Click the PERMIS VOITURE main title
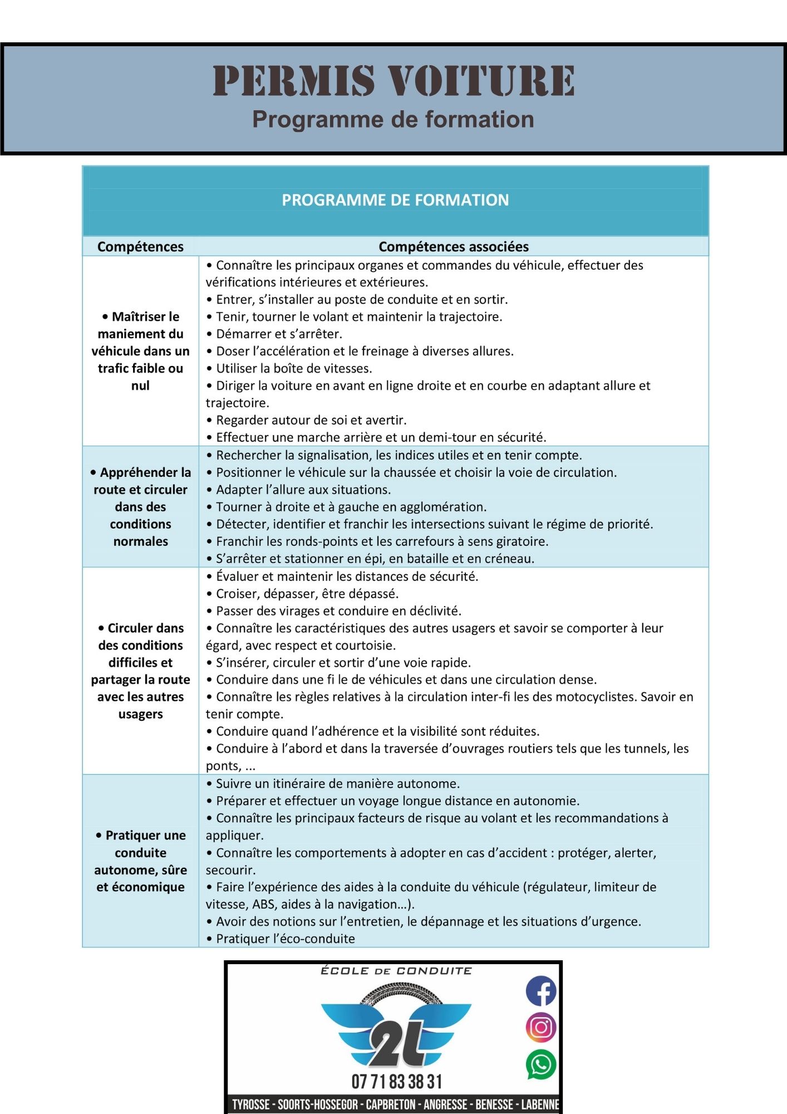[393, 81]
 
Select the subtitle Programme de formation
[393, 119]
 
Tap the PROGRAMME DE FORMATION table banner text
[395, 200]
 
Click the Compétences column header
[140, 247]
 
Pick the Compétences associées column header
[454, 247]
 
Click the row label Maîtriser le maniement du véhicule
[140, 351]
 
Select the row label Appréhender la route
[140, 506]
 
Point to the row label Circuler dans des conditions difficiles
[140, 671]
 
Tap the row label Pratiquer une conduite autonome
[140, 861]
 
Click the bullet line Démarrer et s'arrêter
[278, 334]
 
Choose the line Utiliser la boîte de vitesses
[293, 368]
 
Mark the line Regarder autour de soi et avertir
[311, 420]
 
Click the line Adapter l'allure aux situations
[303, 490]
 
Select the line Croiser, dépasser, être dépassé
[307, 593]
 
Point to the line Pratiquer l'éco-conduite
[285, 939]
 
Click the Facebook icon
[541, 991]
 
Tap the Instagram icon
[541, 1028]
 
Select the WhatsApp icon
[541, 1064]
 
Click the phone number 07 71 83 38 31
[396, 1082]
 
